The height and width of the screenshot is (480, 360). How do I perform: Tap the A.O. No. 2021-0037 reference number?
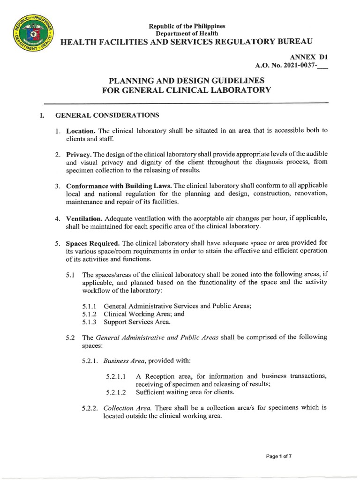[x=291, y=66]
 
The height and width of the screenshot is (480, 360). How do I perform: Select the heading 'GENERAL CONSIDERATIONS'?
[x=107, y=115]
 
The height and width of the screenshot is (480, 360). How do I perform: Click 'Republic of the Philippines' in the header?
[x=187, y=26]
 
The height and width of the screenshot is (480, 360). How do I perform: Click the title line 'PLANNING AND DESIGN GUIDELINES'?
[x=187, y=80]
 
